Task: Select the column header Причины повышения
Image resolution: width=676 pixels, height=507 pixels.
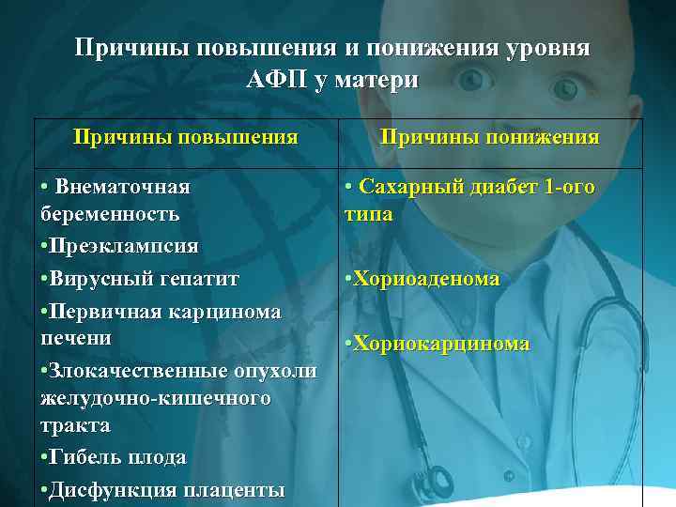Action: pos(186,137)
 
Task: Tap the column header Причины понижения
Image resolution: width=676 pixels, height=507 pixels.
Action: pos(489,137)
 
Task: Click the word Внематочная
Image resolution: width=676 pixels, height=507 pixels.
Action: pos(123,186)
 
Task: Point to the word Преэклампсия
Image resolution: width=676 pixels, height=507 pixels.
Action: pos(123,246)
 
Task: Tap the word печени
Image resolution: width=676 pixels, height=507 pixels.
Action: pos(76,336)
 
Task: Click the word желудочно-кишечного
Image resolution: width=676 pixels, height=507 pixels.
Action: pos(156,398)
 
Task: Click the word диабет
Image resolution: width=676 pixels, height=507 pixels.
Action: pos(496,186)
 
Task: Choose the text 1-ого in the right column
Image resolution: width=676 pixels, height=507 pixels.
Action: pos(568,186)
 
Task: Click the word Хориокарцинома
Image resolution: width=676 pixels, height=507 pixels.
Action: pos(441,344)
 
